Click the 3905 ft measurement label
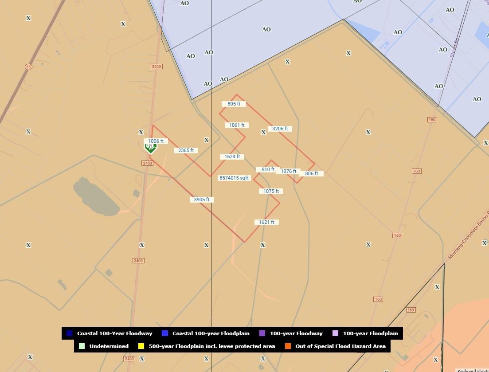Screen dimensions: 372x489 click(x=202, y=200)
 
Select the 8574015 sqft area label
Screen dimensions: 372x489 click(x=235, y=178)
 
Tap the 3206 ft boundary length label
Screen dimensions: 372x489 click(x=280, y=129)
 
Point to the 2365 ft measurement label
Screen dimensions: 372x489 click(x=186, y=150)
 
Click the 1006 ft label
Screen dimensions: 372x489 click(x=156, y=141)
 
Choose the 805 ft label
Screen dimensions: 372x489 click(x=234, y=104)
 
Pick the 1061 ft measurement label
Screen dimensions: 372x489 click(x=237, y=125)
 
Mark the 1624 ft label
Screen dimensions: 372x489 click(x=232, y=157)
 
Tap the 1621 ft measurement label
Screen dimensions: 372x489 click(x=267, y=222)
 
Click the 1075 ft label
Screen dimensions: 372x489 click(x=271, y=191)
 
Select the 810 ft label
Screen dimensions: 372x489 click(x=268, y=169)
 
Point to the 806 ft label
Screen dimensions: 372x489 click(x=312, y=173)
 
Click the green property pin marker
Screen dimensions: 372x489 click(x=150, y=147)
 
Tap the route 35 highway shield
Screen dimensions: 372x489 click(x=28, y=67)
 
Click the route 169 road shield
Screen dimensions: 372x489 click(x=411, y=310)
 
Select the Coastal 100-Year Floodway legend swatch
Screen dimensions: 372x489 click(x=69, y=333)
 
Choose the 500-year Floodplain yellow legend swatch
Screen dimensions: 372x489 click(x=141, y=346)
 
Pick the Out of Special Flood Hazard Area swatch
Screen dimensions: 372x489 click(x=288, y=346)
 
